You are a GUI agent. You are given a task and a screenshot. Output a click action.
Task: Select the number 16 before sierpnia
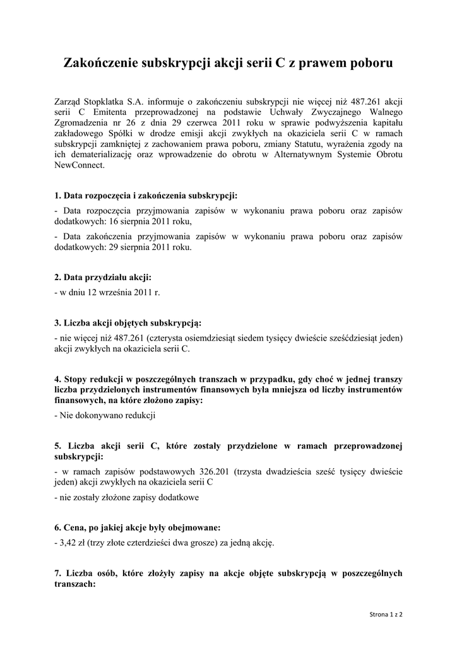point(112,221)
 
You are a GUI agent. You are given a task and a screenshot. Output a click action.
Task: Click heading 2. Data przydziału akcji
point(103,277)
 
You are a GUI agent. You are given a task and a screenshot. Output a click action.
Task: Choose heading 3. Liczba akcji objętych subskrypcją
point(128,323)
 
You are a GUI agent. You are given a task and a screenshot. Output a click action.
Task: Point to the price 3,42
point(68,543)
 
